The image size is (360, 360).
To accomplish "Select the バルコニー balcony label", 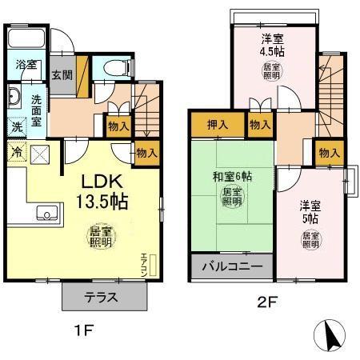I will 232,267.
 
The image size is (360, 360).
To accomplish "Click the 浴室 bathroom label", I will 26,65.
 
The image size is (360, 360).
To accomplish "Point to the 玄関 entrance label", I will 62,75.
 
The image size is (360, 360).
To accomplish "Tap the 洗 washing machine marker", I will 17,126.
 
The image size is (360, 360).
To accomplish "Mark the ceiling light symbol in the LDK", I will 100,238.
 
